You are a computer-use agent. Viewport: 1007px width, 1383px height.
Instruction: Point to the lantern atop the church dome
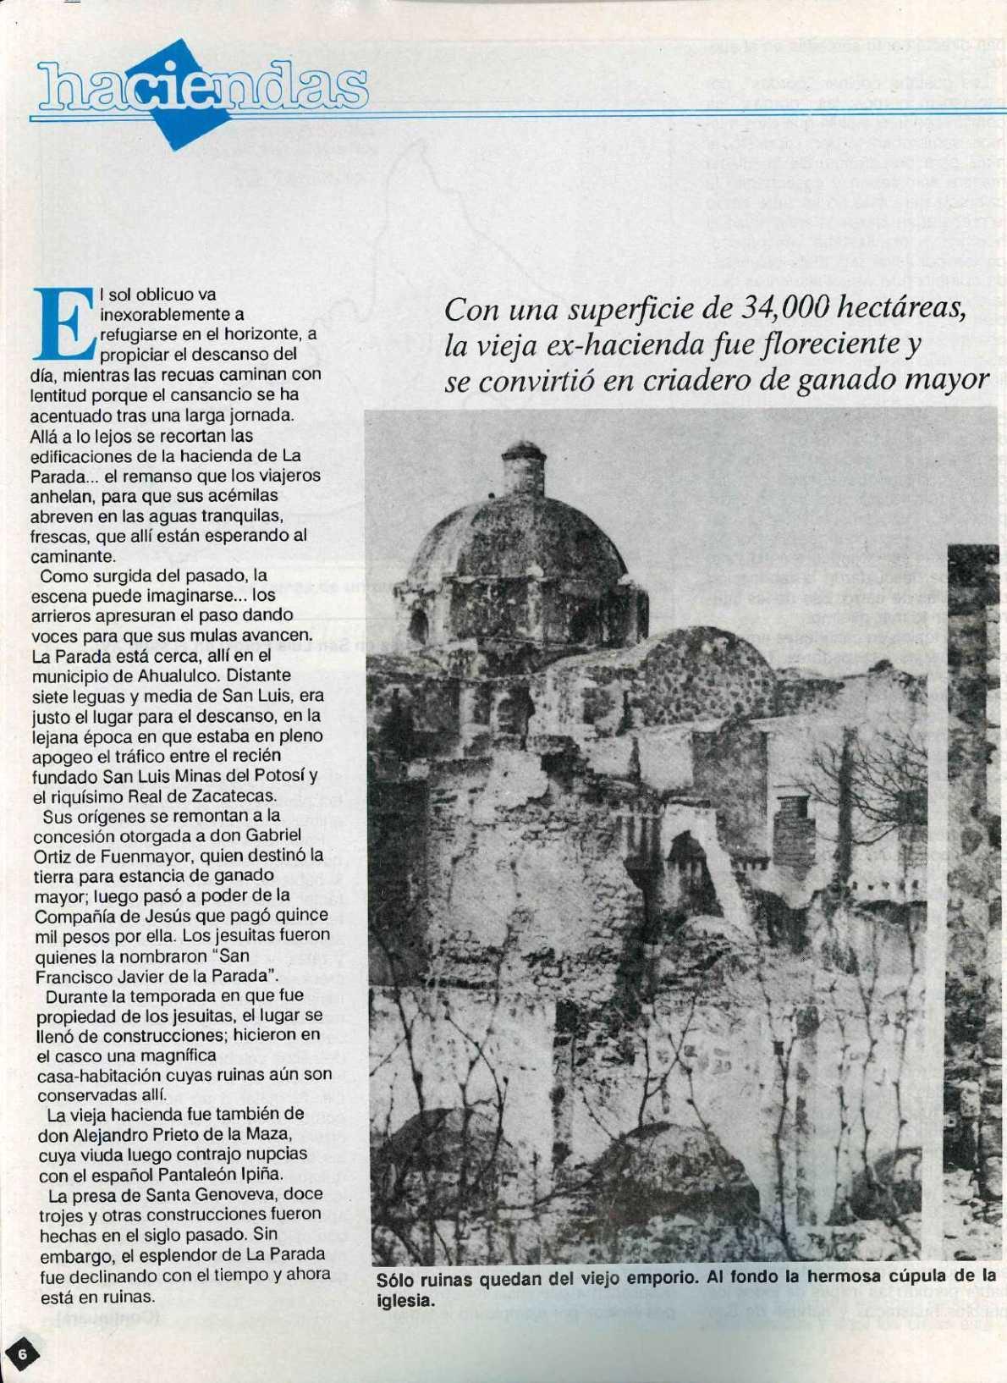523,467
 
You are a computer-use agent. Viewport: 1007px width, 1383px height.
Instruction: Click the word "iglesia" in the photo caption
404,1300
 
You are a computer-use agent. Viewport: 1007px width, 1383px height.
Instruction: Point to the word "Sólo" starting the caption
394,1279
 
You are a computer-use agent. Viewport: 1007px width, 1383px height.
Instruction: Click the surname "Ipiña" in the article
256,1174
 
